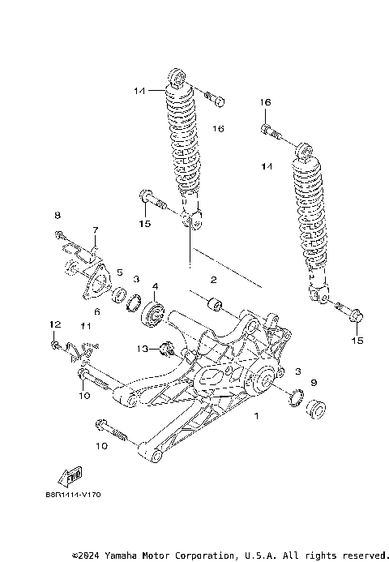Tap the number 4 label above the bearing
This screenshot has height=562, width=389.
[154, 285]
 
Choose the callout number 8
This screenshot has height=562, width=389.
[58, 215]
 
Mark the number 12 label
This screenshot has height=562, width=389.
[55, 324]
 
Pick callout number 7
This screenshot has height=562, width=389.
[94, 230]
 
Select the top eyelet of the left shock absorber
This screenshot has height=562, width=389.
[177, 79]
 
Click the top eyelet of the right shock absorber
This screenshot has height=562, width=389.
[305, 150]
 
